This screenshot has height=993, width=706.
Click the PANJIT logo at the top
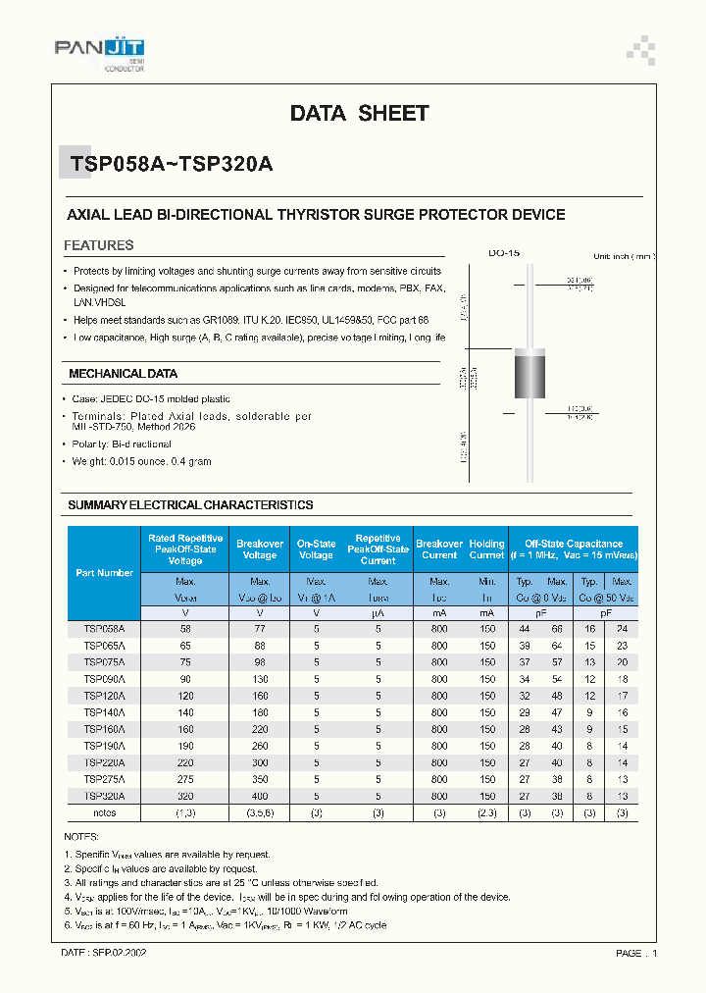pyautogui.click(x=98, y=48)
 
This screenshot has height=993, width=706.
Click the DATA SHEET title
pyautogui.click(x=359, y=114)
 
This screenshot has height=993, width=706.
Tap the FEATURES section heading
pyautogui.click(x=99, y=245)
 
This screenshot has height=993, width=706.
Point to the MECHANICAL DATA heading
pyautogui.click(x=123, y=374)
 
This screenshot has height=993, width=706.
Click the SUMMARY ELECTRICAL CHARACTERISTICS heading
pyautogui.click(x=190, y=504)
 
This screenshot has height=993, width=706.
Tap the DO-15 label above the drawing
pyautogui.click(x=504, y=253)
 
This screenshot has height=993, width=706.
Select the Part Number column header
pyautogui.click(x=105, y=572)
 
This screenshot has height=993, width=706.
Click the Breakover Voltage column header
pyautogui.click(x=260, y=549)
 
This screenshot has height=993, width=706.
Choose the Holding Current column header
pyautogui.click(x=486, y=549)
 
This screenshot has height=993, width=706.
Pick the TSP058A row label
pyautogui.click(x=105, y=627)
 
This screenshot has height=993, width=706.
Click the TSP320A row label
pyautogui.click(x=105, y=797)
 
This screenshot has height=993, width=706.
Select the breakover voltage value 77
pyautogui.click(x=260, y=627)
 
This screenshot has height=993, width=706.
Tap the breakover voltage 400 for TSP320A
pyautogui.click(x=260, y=797)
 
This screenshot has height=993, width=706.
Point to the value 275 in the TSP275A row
pyautogui.click(x=185, y=780)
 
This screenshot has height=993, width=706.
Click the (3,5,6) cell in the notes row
pyautogui.click(x=260, y=813)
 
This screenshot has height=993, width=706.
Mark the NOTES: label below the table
pyautogui.click(x=81, y=837)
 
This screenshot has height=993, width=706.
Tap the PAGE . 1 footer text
pyautogui.click(x=636, y=953)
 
